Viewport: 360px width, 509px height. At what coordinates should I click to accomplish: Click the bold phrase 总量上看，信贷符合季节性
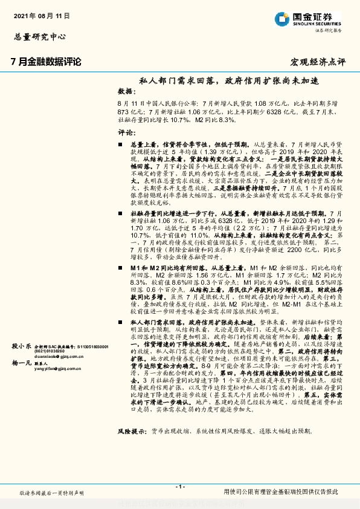click(x=167, y=146)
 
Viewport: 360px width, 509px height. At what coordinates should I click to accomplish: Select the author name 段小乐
click(x=21, y=346)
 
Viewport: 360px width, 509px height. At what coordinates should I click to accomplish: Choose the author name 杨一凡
click(x=21, y=363)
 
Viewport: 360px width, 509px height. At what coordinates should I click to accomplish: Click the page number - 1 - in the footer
click(x=179, y=487)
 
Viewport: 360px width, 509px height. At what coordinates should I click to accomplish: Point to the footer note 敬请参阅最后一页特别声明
click(x=51, y=493)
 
